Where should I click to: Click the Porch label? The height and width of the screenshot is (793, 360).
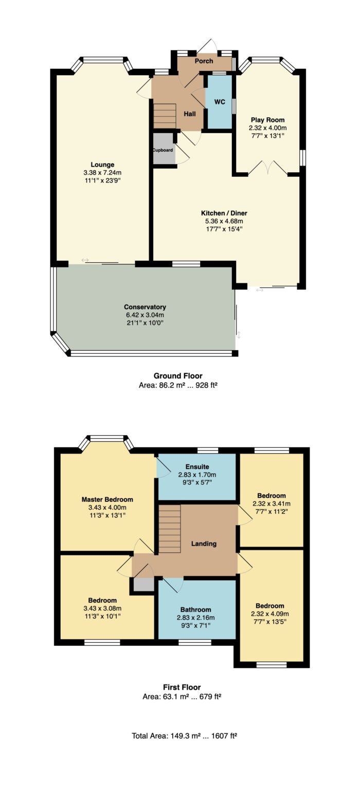[x=204, y=61]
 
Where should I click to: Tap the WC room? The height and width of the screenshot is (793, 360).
[x=219, y=102]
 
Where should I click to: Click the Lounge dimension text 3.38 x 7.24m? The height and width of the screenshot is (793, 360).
[x=102, y=173]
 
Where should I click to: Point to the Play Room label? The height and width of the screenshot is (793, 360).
[x=267, y=120]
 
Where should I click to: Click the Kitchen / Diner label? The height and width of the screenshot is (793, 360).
[x=224, y=213]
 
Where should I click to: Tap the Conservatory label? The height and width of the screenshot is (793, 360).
[x=145, y=307]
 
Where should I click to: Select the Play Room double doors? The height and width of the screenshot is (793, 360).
[x=268, y=168]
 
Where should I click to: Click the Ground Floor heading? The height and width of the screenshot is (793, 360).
[x=178, y=375]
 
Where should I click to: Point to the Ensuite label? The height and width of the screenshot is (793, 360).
[x=197, y=466]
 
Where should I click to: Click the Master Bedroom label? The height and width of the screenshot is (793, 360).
[x=107, y=499]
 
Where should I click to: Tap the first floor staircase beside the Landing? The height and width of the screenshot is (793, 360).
[x=169, y=529]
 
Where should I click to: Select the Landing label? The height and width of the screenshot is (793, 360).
[x=204, y=544]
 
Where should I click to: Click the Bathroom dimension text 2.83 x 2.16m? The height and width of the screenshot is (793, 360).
[x=196, y=618]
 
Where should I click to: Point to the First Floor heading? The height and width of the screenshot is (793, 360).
[x=182, y=687]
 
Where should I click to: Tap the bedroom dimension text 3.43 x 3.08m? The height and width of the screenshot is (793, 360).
[x=102, y=608]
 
